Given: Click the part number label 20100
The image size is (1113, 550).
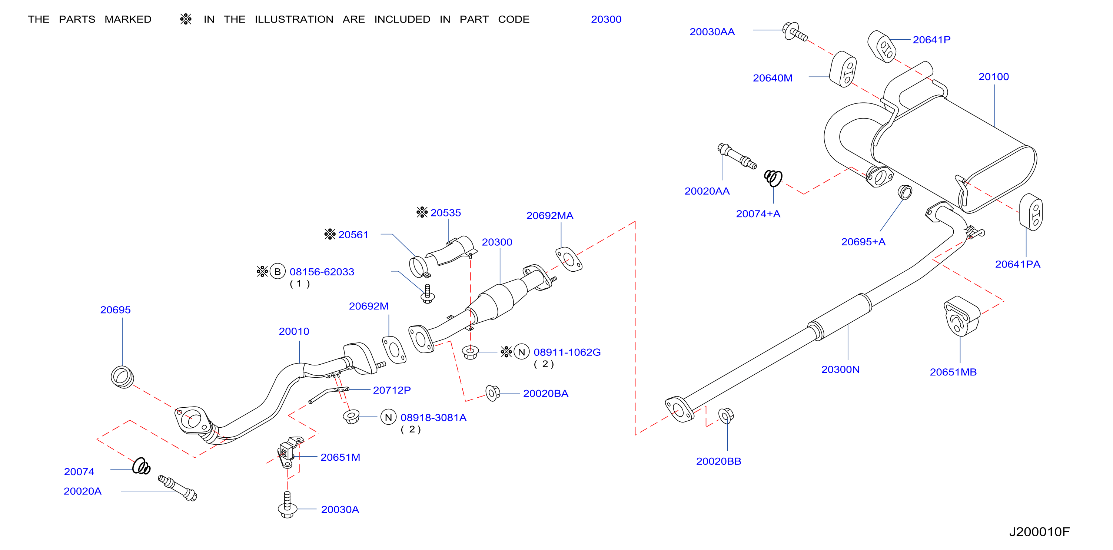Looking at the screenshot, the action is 993,77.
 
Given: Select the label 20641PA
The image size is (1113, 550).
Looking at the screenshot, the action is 1017,264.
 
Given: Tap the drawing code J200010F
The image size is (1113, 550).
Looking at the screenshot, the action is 1039,532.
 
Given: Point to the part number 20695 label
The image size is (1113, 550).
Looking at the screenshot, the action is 115,310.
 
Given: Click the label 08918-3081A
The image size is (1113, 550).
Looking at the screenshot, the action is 433,418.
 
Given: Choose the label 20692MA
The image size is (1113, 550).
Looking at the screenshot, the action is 549,216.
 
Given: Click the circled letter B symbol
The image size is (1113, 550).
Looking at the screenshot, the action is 278,272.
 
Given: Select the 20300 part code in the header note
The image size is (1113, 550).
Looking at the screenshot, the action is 606,19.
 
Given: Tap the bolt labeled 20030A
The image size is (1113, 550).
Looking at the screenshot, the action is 287,505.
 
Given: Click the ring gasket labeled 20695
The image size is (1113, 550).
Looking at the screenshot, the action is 122,377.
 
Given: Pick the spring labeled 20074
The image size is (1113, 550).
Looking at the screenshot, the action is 141,466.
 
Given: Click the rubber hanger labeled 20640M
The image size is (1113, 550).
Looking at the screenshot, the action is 843,69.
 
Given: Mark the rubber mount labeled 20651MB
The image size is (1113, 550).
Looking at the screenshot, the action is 962,316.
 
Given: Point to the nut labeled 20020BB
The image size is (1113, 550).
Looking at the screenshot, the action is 726,415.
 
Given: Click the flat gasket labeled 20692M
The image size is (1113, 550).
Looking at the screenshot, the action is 394,349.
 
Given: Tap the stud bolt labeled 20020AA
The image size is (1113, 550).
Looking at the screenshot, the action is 737,156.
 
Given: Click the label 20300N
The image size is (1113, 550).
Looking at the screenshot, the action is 840,370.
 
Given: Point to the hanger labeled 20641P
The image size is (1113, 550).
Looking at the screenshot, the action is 882,47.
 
